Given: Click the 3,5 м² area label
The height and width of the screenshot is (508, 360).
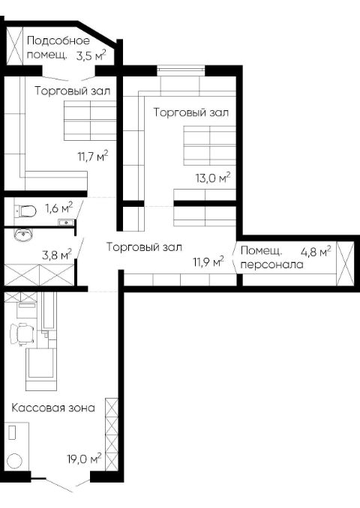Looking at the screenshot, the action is (91, 55).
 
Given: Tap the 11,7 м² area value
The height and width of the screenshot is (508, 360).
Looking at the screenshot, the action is (93, 156).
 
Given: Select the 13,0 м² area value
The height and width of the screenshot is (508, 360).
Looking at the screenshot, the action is (213, 178).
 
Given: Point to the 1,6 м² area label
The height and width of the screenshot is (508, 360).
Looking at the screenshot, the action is (59, 208).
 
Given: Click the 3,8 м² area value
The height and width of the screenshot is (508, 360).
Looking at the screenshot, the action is (57, 254).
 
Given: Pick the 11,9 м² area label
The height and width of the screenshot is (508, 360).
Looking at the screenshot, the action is (208, 261).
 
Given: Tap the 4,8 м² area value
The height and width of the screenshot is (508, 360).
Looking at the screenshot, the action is (316, 252).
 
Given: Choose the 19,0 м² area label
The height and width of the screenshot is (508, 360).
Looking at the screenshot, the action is (84, 459).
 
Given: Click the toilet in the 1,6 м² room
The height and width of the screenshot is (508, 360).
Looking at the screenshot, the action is (27, 211).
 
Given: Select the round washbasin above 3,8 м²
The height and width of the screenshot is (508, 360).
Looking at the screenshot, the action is (23, 234).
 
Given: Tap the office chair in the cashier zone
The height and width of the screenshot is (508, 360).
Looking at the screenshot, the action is (22, 333).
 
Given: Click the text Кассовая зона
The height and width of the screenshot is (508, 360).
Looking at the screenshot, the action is (53, 408).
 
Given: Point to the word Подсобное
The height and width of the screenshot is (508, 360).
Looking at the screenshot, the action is (58, 40).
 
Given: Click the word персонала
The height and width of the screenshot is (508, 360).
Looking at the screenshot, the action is (272, 264).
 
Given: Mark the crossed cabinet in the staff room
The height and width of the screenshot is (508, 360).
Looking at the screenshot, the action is (345, 264).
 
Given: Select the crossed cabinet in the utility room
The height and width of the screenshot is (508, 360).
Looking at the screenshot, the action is (15, 46).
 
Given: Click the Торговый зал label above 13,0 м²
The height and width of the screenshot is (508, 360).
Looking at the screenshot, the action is (191, 112).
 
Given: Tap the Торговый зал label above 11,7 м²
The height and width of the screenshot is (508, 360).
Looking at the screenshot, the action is (73, 91).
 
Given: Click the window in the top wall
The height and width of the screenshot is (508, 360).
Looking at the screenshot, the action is (181, 69).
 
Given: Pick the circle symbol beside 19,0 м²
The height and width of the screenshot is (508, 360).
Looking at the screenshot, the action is (14, 461).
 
